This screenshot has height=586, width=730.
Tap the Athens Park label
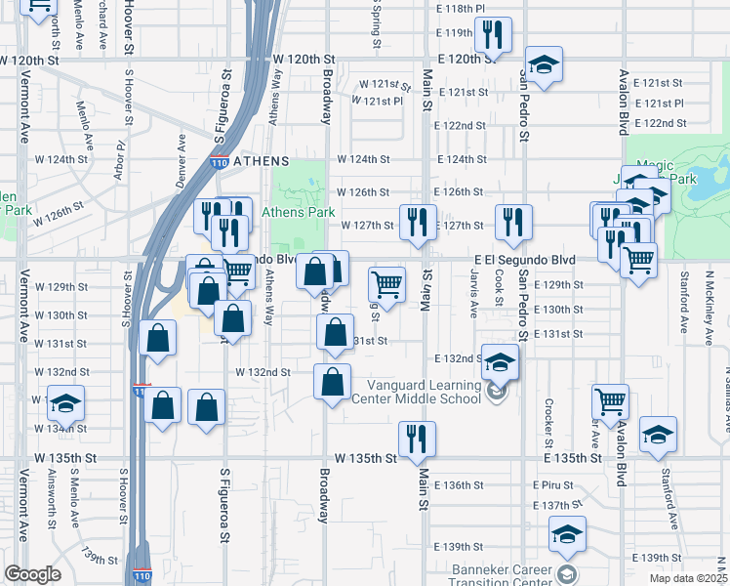[304, 212]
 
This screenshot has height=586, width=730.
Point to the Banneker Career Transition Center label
[502, 572]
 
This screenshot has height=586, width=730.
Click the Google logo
[32, 574]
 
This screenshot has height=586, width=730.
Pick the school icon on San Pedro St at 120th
[545, 65]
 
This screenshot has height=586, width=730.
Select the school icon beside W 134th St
[65, 402]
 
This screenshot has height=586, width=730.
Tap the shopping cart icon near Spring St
[386, 284]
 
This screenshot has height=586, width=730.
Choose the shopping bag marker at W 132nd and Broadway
[332, 381]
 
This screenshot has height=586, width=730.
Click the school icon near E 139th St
[565, 534]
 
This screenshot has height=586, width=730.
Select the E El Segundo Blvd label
[524, 259]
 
